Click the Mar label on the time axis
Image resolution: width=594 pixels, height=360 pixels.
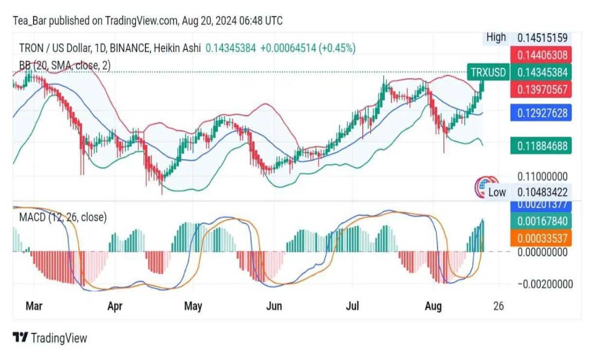[34, 306]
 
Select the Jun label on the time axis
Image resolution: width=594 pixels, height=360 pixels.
[275, 306]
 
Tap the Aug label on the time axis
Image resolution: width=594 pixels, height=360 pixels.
[433, 306]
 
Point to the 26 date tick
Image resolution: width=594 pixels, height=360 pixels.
[498, 306]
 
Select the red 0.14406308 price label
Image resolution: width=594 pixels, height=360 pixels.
[541, 54]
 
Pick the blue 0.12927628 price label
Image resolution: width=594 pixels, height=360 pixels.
[541, 113]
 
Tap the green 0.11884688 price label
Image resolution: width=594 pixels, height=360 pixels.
[541, 145]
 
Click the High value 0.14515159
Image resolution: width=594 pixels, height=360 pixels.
[542, 37]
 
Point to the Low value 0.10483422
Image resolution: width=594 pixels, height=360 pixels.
[542, 192]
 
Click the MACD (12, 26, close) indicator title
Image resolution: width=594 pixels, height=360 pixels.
[63, 217]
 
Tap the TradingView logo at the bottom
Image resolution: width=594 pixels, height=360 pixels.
[50, 338]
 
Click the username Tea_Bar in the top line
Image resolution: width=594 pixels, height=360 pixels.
[30, 21]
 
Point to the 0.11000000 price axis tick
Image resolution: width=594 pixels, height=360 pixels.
[542, 176]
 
